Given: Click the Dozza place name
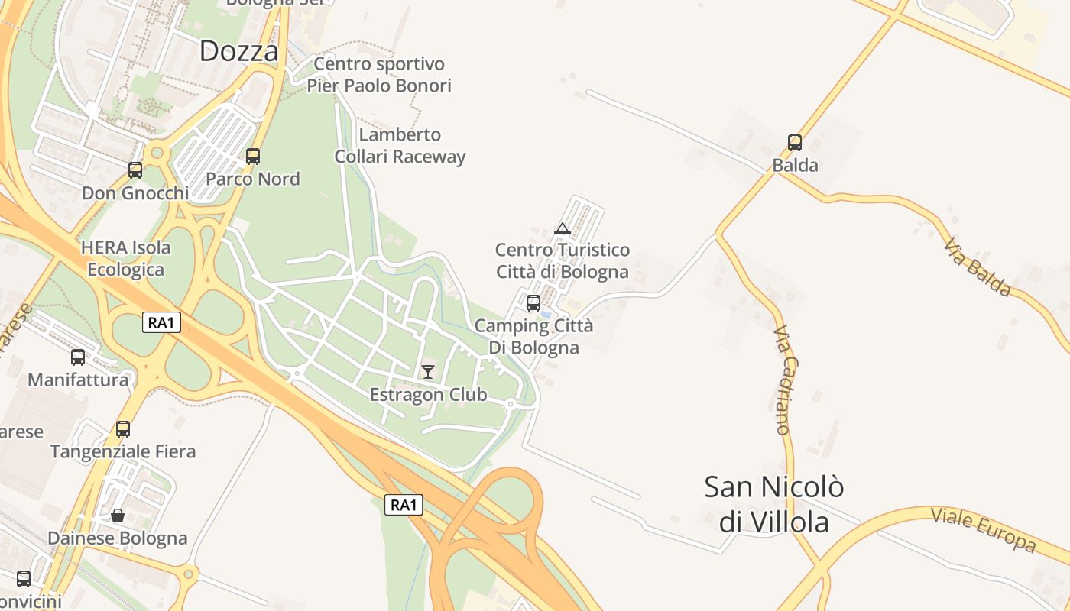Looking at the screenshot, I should coord(238,51).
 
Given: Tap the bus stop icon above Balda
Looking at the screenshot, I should coord(795,143).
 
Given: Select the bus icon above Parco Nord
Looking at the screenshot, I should coord(253,157).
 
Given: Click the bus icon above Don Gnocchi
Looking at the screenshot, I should coord(135,170).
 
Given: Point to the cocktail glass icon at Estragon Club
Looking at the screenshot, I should coord(428,372).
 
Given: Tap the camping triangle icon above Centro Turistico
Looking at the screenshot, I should coord(563,228).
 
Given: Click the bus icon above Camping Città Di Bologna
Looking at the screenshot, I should coord(533,303).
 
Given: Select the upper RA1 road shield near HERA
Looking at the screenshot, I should coord(161,322).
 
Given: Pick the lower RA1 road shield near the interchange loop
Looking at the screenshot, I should coord(404,504).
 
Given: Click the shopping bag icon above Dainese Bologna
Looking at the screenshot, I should coord(118,516).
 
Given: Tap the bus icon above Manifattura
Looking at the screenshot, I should coord(78,357).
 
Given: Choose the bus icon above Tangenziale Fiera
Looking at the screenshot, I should coord(123,429).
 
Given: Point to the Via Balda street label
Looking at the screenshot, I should coord(978,267).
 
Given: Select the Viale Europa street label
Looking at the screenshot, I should coord(983,529).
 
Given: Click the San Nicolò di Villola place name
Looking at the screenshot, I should coord(774,504).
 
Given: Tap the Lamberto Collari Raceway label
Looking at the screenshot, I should coord(400,146).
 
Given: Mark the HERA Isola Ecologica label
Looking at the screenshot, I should coord(126,259).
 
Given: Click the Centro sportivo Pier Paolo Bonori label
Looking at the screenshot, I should coord(379,75).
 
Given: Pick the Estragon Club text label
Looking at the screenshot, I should coord(428,395).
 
